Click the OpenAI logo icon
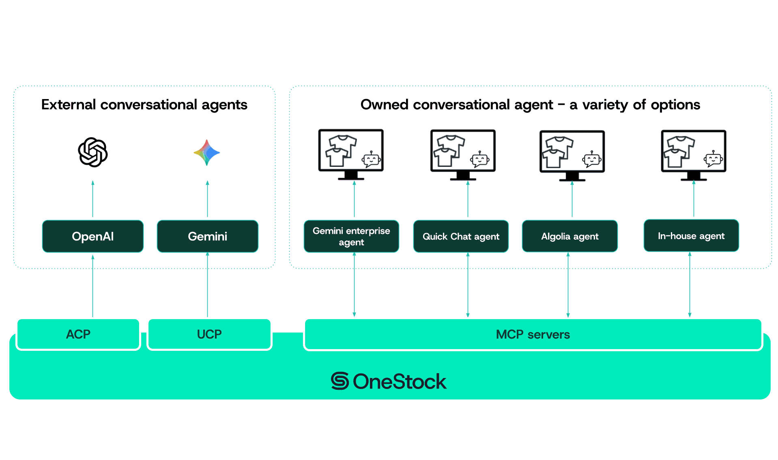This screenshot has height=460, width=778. [93, 152]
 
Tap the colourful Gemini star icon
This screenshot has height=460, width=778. [207, 153]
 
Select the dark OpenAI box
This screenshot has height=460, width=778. [93, 236]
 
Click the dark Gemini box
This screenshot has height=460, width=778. [207, 236]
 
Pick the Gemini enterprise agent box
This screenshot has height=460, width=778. [351, 236]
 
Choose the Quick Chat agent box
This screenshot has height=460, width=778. [461, 236]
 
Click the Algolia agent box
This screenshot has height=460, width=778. [570, 236]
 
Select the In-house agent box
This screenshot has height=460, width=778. [691, 236]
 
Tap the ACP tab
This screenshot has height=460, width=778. [78, 334]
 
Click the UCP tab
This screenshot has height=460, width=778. [209, 334]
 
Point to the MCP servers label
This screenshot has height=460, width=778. [533, 335]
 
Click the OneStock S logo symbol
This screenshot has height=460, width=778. [340, 381]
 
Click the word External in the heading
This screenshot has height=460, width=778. [69, 105]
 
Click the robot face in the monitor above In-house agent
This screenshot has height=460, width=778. [714, 159]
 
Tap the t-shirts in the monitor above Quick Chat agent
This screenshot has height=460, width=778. [449, 151]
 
